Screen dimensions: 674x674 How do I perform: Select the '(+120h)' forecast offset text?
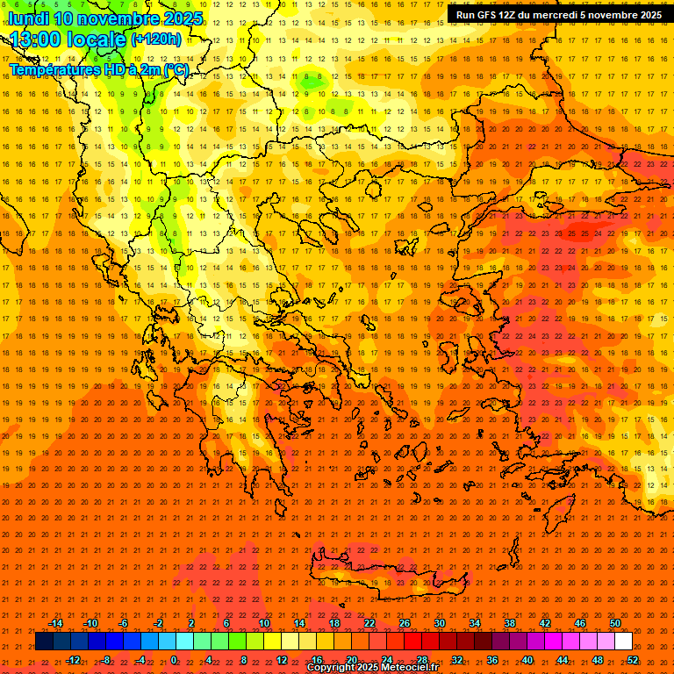pos(156,39)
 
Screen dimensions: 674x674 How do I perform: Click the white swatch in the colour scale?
pos(624,642)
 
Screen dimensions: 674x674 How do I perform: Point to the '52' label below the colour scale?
pos(633,660)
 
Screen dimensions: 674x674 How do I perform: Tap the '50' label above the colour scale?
pos(615,623)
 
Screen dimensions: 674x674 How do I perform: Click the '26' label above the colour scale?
pos(405,623)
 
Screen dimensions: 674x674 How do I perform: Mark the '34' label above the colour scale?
pos(475,623)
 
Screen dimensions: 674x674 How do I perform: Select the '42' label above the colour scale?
pos(545,623)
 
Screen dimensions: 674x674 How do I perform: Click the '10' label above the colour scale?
pos(264,623)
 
